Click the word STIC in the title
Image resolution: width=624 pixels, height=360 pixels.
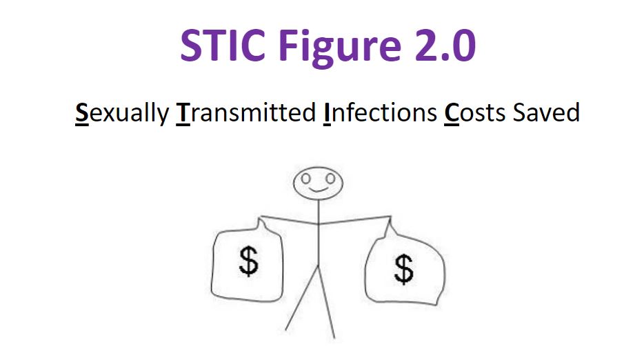[223, 45]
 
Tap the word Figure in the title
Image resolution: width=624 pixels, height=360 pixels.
[340, 47]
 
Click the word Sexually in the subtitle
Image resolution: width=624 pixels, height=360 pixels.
[122, 113]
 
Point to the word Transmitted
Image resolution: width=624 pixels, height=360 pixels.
[246, 113]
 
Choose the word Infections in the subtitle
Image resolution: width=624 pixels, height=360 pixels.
[380, 113]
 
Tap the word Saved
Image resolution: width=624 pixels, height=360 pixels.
[546, 113]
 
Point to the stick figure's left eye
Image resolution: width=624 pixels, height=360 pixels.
[305, 179]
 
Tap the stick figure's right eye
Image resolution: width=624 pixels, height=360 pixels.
[330, 178]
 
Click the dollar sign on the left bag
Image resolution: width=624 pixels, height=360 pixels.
[249, 261]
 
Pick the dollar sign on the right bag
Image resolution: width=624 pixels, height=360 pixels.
[404, 270]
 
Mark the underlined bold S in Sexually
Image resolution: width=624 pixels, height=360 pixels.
[82, 113]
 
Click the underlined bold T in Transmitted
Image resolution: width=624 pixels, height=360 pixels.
[183, 113]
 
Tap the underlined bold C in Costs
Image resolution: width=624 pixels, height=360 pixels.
[452, 113]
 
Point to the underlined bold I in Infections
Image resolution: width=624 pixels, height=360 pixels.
[327, 113]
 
